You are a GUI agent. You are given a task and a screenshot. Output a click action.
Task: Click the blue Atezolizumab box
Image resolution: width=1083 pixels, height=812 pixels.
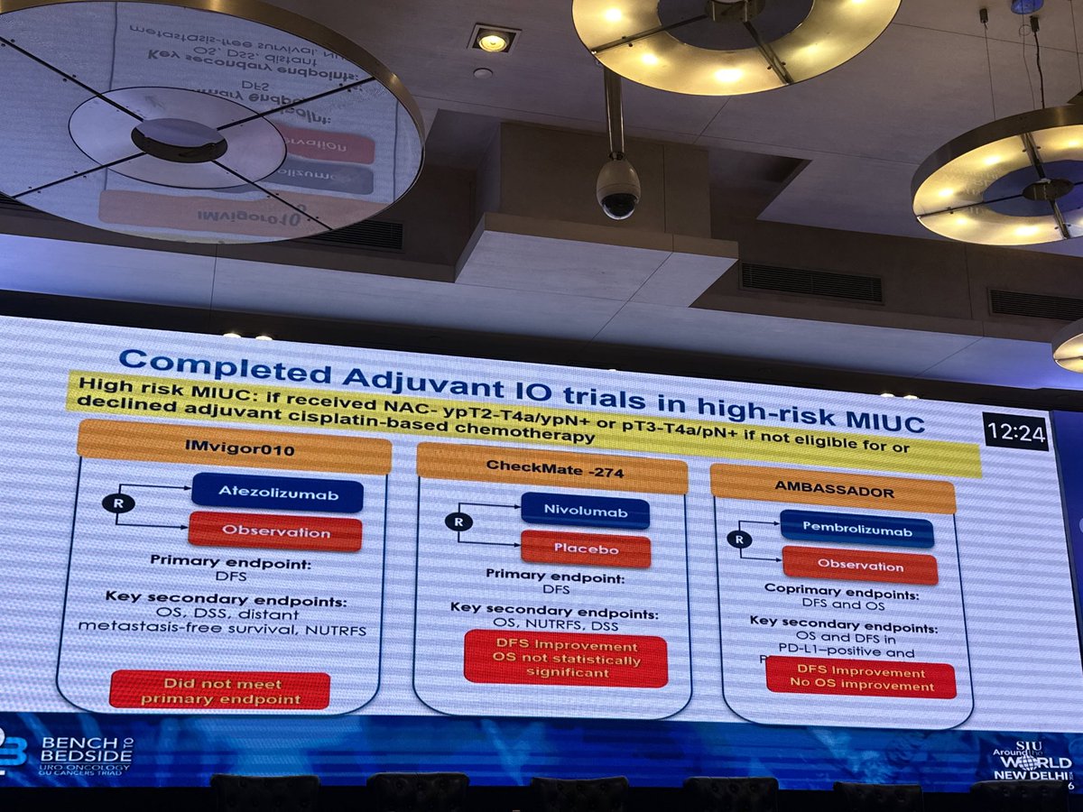point(277,493)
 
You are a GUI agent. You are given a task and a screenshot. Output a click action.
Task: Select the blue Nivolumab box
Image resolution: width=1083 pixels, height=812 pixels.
point(585,511)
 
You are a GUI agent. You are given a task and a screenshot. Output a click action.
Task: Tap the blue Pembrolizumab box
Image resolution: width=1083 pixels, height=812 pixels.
point(856,530)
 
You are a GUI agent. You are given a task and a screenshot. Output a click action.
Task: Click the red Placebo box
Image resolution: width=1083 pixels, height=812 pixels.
point(586,549)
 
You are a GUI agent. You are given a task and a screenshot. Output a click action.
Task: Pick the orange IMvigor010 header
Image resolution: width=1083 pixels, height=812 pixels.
point(235,449)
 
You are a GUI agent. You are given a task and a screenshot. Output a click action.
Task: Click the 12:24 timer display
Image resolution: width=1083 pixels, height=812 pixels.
point(1015,433)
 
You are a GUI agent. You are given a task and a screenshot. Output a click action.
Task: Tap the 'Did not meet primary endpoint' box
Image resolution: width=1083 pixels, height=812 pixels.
point(219,690)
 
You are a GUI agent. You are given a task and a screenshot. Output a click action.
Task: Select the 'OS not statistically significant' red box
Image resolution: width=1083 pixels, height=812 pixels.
point(566,660)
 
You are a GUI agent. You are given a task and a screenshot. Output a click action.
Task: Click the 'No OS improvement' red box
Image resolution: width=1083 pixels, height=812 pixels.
point(860,679)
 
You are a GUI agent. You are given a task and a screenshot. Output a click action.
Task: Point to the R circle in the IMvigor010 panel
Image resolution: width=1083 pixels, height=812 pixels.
point(118,503)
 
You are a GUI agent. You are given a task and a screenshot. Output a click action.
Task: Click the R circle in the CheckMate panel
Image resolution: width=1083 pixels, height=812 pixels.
point(458,521)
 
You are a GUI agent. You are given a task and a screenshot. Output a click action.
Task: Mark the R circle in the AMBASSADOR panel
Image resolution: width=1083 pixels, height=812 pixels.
point(739,540)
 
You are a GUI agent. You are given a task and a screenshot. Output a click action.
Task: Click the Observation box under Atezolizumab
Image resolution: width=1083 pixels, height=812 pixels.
point(275,531)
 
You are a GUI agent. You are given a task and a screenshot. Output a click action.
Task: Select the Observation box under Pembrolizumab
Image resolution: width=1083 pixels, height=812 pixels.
point(859,567)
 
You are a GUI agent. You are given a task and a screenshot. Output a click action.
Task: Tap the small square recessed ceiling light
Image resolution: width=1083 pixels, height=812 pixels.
point(492,40)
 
